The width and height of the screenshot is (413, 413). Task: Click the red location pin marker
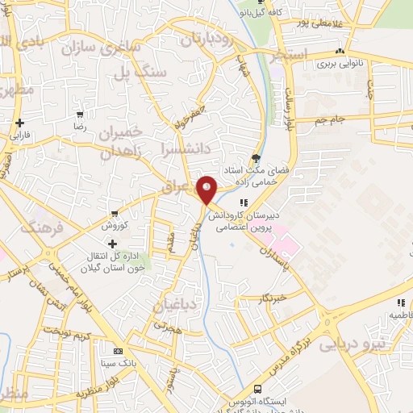(x=206, y=191)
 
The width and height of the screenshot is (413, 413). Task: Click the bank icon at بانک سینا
(x=119, y=351)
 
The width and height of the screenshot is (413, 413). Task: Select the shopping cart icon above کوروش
(x=115, y=214)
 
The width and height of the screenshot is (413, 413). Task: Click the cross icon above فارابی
(x=19, y=123)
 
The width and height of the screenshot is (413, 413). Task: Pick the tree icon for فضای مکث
(x=257, y=157)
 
